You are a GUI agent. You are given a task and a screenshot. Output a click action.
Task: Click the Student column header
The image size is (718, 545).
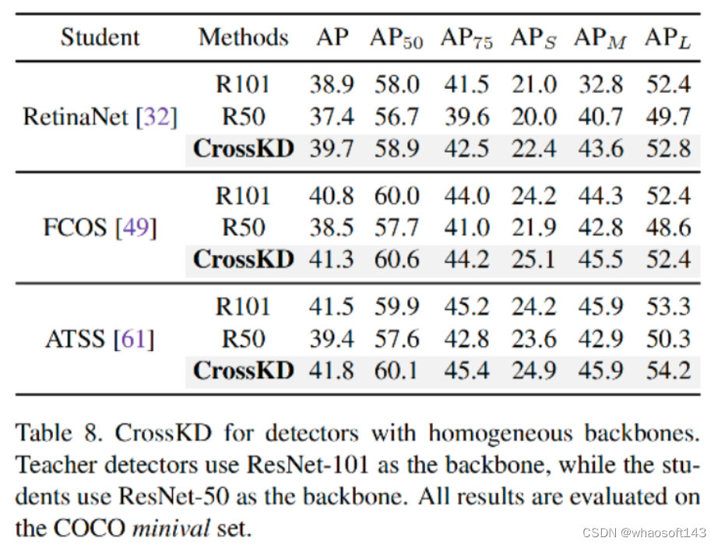[100, 37]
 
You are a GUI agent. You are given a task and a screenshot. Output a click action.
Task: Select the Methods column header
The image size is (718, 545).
[244, 37]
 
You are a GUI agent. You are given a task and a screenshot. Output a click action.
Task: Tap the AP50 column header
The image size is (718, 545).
[396, 38]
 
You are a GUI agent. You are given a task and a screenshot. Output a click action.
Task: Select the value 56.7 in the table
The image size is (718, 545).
[396, 117]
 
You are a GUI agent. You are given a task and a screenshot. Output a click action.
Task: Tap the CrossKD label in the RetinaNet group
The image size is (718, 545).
[244, 148]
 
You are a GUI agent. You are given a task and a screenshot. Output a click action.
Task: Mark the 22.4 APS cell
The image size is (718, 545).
[533, 148]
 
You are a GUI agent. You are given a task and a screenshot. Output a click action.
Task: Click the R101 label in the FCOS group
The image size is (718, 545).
[244, 196]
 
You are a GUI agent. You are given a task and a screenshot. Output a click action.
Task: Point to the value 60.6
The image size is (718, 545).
[396, 259]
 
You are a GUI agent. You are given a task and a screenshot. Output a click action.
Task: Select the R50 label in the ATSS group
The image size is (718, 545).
[244, 339]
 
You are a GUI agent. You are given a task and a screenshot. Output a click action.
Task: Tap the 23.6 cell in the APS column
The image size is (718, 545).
[533, 339]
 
